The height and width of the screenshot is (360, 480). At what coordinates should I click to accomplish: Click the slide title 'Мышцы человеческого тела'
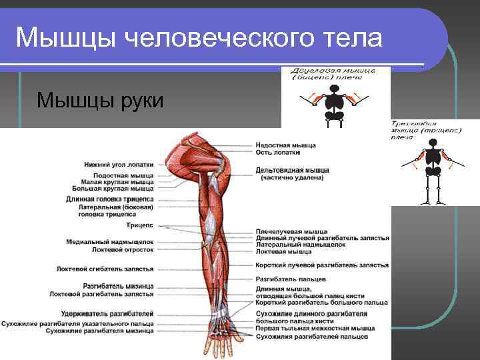coord(199,38)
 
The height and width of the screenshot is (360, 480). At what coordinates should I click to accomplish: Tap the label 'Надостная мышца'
coord(286,145)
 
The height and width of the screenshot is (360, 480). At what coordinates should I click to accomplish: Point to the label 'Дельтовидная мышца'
coord(292,170)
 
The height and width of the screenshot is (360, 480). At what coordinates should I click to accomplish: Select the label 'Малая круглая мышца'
coord(117,182)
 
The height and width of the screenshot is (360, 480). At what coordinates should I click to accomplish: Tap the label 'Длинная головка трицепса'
coord(110,199)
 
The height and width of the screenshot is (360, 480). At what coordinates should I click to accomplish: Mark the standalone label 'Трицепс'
coord(140,225)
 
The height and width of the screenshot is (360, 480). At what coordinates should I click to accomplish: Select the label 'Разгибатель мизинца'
coord(118,286)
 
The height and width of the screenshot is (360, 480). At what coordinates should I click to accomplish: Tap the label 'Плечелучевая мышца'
coord(291,231)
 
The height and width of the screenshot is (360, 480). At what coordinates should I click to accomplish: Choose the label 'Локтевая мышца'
coord(283,251)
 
